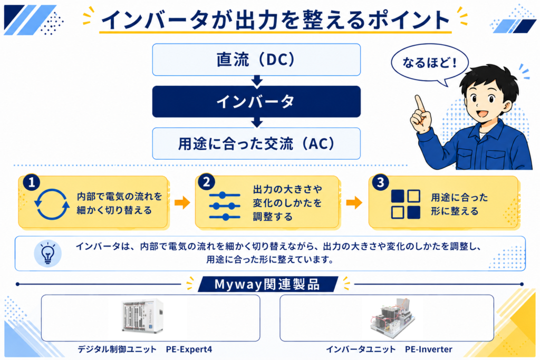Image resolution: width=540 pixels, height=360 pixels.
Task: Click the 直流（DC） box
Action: [256, 60]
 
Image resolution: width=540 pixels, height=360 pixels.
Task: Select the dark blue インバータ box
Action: [256, 102]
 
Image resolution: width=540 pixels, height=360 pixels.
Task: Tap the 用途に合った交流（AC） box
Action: [256, 143]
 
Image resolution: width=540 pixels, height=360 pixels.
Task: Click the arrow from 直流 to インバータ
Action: [257, 81]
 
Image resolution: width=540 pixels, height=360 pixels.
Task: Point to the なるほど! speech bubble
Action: [429, 64]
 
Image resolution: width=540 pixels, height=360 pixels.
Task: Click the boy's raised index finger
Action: [420, 103]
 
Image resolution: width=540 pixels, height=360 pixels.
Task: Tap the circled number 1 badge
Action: [32, 182]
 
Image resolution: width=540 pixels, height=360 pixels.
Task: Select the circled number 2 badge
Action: [207, 182]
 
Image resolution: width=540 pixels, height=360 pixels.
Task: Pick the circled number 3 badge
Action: [381, 182]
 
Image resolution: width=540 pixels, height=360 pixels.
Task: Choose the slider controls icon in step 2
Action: [225, 206]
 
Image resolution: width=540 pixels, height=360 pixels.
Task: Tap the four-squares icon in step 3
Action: [406, 204]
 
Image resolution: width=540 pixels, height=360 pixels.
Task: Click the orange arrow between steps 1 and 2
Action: [182, 202]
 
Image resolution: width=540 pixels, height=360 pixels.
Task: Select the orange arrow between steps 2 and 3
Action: [354, 202]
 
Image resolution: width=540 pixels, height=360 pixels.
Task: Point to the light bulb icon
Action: [48, 254]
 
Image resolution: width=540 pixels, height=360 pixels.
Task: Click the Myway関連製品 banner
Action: [267, 284]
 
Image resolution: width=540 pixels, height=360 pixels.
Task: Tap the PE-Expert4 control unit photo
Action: [142, 316]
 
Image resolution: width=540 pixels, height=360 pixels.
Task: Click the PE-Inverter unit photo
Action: [392, 318]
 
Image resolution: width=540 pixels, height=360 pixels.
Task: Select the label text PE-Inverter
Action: [428, 349]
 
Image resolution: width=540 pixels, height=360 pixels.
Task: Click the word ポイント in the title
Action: [409, 20]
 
